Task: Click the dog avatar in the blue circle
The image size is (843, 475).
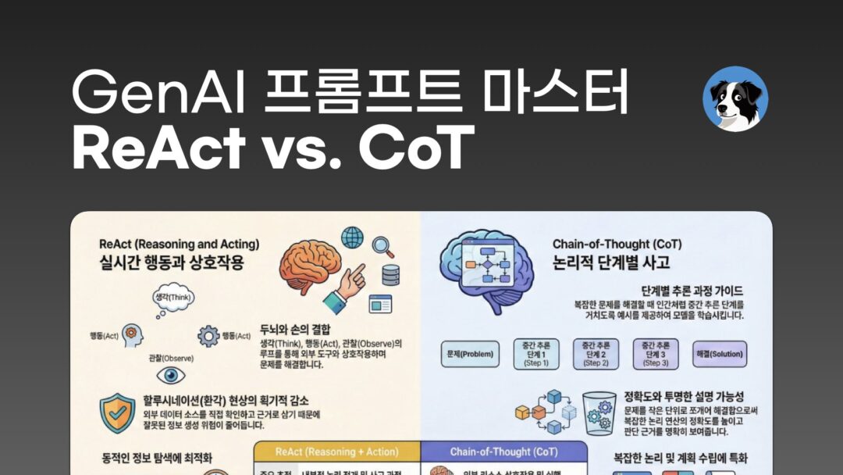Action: [735, 99]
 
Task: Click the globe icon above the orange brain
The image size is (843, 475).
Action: [352, 237]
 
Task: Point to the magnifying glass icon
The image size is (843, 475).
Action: [382, 247]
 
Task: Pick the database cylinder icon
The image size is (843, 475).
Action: [390, 275]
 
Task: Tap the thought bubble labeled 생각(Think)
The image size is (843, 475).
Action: [173, 298]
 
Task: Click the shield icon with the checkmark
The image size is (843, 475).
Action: [117, 412]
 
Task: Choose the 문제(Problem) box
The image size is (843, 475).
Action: [468, 354]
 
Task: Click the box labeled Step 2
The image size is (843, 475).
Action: [596, 354]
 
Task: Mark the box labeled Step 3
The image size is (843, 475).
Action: [655, 354]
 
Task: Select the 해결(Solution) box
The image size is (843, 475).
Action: [720, 354]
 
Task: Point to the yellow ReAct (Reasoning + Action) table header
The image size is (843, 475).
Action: [336, 452]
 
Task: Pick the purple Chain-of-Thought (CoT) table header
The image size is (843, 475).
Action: [503, 452]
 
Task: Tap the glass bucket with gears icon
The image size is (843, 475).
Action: [599, 412]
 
